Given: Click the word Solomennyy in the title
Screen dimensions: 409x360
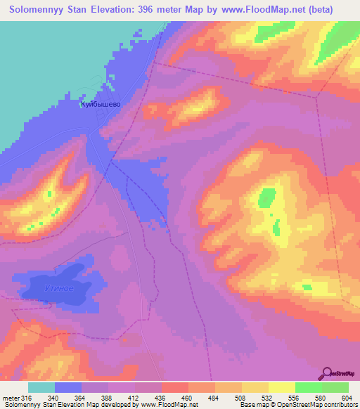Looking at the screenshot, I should pos(37,10).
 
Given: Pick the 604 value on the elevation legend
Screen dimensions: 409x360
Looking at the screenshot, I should pos(346,398).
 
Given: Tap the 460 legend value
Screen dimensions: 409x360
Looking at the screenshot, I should pos(187,398).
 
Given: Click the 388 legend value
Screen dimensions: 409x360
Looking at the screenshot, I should pos(108,398).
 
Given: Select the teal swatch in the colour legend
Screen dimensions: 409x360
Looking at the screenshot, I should pos(41,387).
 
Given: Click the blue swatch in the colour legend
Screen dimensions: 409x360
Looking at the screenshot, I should pos(68,387).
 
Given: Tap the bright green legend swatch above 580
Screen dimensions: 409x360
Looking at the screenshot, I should pos(308,387).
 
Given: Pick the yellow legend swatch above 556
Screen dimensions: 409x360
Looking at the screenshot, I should pos(281,387).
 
